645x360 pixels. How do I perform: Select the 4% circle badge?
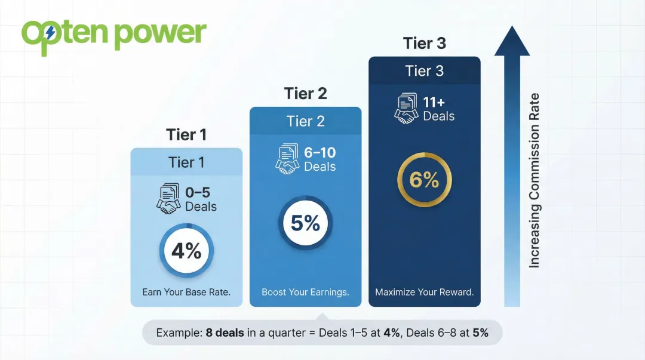click(186, 251)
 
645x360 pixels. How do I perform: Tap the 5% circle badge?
click(305, 223)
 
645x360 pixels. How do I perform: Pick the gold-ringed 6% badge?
click(424, 179)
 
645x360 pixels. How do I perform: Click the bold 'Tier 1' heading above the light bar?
click(186, 135)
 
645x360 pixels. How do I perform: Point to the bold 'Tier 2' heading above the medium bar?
click(305, 94)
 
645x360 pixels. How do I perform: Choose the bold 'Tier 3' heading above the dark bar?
click(424, 43)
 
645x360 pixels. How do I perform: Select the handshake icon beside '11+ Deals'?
click(407, 109)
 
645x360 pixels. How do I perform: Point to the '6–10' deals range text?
click(320, 153)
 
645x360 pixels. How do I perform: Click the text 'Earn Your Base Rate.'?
click(186, 293)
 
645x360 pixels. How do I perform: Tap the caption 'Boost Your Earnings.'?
click(305, 293)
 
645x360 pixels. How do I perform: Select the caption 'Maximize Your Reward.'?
click(424, 293)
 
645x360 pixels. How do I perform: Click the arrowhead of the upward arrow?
click(512, 41)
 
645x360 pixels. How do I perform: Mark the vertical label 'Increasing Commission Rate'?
click(535, 180)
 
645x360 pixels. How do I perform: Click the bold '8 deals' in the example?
click(225, 333)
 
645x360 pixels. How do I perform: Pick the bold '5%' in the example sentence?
click(480, 333)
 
